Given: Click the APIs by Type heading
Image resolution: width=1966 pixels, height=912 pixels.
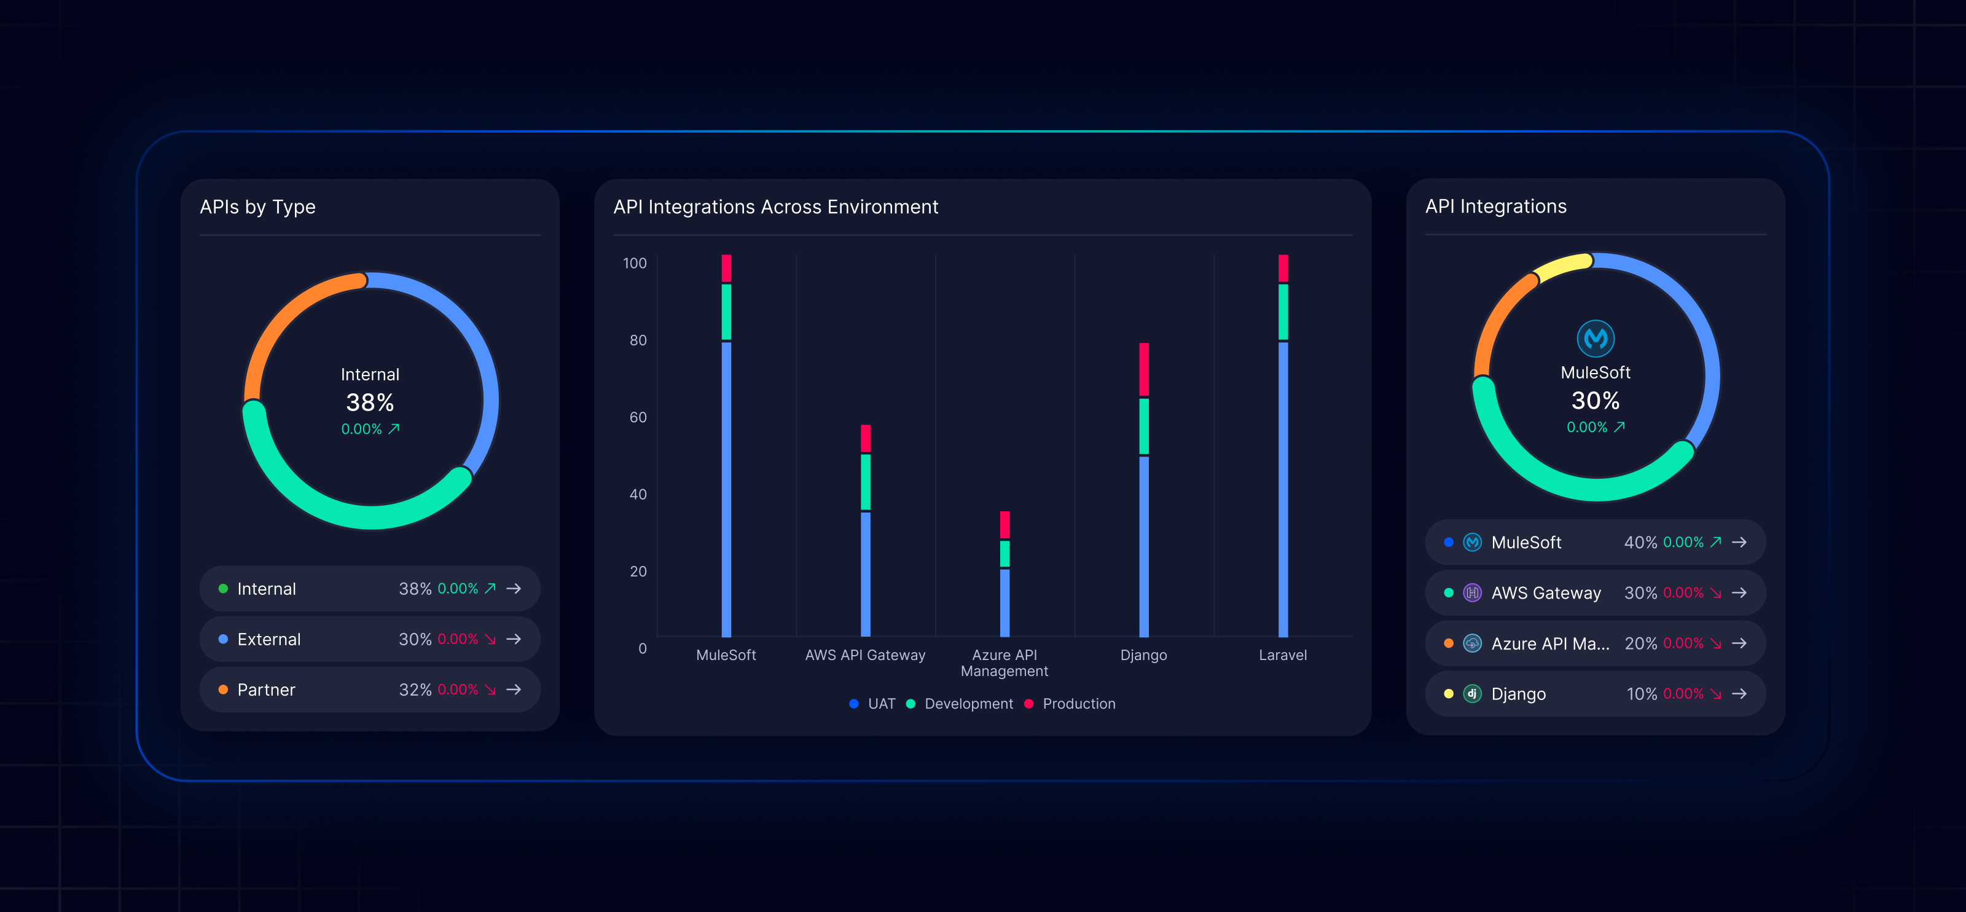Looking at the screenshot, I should [x=257, y=207].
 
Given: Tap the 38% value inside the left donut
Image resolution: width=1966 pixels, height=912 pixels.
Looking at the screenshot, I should [x=370, y=402].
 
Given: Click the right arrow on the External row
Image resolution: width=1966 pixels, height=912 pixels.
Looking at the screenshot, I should [x=514, y=639].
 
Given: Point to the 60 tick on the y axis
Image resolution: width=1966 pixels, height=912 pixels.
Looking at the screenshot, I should [x=638, y=417].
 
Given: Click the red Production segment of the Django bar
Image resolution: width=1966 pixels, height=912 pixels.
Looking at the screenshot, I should [x=1143, y=369].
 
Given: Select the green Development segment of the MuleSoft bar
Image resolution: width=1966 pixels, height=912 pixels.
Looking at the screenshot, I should [x=726, y=312].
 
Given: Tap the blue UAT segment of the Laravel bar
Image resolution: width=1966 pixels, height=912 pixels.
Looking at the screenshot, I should [x=1283, y=489].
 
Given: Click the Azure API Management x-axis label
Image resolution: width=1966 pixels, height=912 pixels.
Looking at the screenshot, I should [x=1005, y=662].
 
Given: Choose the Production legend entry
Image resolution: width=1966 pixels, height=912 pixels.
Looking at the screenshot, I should [x=1078, y=704].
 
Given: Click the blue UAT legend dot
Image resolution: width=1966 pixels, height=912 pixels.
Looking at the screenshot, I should [x=854, y=704].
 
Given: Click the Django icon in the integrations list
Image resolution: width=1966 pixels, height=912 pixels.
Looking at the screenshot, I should [x=1472, y=694].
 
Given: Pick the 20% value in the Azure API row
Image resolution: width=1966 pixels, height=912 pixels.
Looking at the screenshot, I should [x=1640, y=643].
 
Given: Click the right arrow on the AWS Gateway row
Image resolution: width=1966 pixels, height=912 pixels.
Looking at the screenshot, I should [x=1739, y=593].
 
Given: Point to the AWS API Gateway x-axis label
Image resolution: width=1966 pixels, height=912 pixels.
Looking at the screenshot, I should [x=864, y=655].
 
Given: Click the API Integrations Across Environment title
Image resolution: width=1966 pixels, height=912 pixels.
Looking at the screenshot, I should [x=775, y=207].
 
